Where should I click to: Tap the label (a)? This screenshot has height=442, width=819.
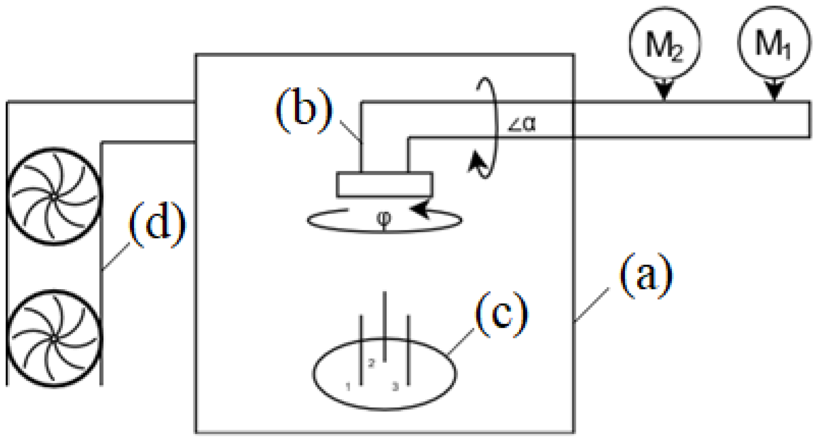coord(646,276)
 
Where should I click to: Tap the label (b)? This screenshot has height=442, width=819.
coord(304,110)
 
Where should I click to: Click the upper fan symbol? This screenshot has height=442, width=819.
coord(54,196)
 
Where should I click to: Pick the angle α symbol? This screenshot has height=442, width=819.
coord(522,124)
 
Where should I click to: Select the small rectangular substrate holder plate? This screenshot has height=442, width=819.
coord(384,185)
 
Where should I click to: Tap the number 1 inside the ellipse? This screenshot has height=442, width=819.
coord(348,387)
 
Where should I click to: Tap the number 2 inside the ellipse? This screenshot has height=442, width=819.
coord(371,363)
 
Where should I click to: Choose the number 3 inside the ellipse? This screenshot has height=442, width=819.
coord(395,387)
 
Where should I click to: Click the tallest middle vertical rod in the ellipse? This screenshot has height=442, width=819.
coord(384,326)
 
